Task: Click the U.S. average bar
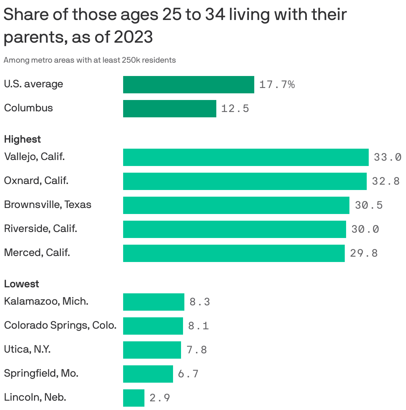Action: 188,85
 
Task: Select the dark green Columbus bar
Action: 169,109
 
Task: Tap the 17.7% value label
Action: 277,85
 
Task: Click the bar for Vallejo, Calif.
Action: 246,157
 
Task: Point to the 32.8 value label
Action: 386,181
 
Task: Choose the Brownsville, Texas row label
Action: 48,205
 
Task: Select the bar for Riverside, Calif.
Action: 234,229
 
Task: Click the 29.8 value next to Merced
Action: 364,253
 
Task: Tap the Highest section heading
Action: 22,139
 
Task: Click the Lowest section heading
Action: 21,284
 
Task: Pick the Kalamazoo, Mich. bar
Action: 153,302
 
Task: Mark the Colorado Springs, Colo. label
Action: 60,325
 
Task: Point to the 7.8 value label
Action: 197,350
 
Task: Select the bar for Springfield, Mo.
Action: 148,374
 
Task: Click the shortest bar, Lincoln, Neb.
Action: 133,398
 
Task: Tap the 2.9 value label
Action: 160,398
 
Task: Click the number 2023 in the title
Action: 133,37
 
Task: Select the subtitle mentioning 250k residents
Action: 90,60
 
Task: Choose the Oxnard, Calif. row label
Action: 36,181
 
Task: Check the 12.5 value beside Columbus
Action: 235,109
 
